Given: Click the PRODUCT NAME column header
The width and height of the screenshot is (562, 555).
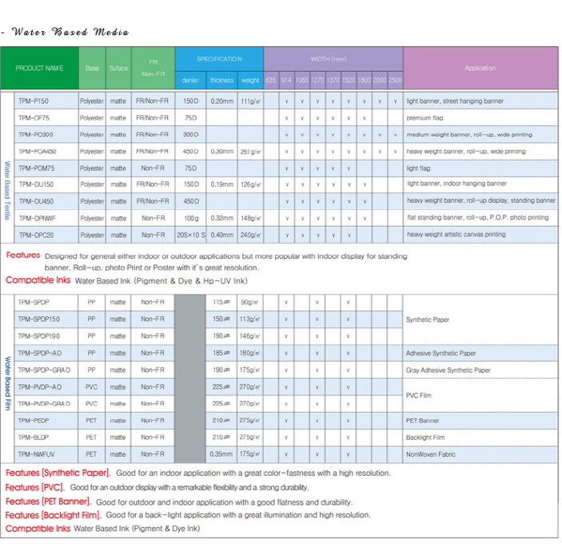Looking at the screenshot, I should pyautogui.click(x=39, y=68).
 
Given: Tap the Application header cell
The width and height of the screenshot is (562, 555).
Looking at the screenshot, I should pyautogui.click(x=480, y=68).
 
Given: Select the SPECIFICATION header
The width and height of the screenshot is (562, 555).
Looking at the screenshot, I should pyautogui.click(x=219, y=59).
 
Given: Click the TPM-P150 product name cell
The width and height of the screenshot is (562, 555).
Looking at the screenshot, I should pyautogui.click(x=34, y=101).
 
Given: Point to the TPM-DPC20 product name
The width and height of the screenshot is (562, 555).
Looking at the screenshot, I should pyautogui.click(x=36, y=235).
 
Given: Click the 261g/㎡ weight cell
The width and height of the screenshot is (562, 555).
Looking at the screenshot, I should pyautogui.click(x=250, y=151).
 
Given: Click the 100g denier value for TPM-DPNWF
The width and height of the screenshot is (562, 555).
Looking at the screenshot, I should pyautogui.click(x=190, y=218).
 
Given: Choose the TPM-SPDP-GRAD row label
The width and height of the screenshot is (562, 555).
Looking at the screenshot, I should pyautogui.click(x=45, y=370).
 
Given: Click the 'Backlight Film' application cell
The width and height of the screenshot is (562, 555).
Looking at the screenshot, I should pyautogui.click(x=429, y=438).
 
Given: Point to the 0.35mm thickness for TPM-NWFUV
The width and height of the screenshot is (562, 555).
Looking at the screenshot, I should pyautogui.click(x=221, y=454).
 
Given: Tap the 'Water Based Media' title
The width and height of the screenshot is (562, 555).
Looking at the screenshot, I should pyautogui.click(x=70, y=33).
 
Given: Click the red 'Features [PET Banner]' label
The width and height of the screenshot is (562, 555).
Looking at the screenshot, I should pyautogui.click(x=47, y=501).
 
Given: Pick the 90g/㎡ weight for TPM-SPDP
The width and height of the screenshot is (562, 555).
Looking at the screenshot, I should pyautogui.click(x=250, y=303).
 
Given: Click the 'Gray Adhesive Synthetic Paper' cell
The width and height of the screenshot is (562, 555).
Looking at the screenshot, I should pyautogui.click(x=448, y=370).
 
